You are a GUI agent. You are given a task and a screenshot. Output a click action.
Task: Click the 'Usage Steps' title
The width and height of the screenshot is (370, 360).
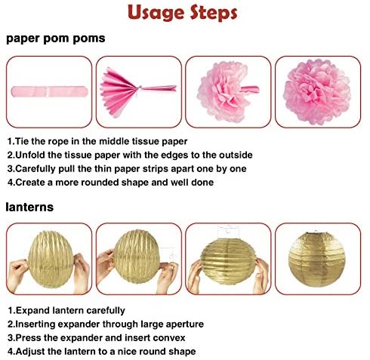(x=183, y=13)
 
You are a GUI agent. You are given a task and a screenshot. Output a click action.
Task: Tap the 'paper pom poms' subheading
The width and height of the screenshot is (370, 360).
(x=56, y=38)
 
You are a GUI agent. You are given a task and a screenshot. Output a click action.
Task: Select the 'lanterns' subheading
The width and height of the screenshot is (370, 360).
(x=29, y=207)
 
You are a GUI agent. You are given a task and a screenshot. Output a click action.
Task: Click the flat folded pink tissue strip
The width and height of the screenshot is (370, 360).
(x=49, y=91)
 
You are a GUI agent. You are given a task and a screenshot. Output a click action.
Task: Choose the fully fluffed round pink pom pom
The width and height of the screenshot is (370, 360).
(x=317, y=92)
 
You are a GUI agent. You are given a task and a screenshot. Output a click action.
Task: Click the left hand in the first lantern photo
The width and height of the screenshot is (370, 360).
(x=17, y=274)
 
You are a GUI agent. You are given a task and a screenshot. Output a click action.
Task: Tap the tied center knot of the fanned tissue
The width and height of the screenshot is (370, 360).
(x=139, y=88)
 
